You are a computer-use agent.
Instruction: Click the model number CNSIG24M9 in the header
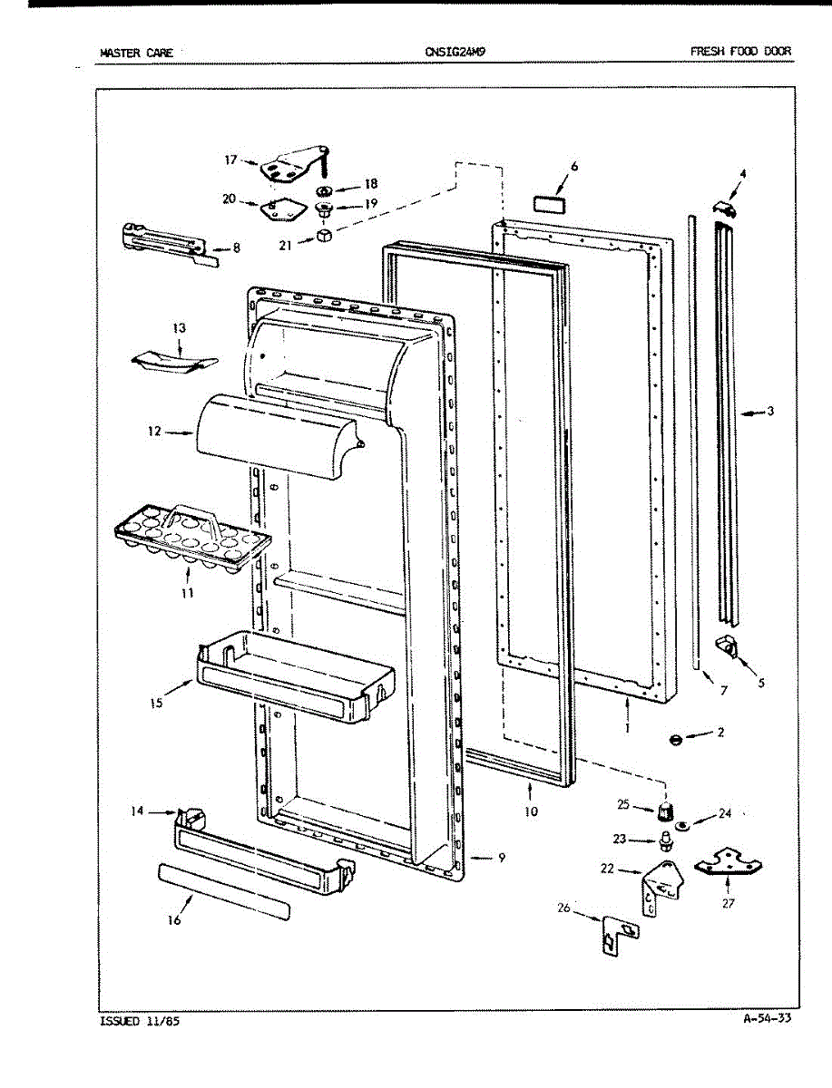point(455,52)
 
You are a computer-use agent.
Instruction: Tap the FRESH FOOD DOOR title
point(740,52)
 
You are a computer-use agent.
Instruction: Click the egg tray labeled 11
point(192,539)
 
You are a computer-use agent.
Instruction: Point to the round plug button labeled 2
point(675,740)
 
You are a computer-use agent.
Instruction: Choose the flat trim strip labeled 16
point(224,890)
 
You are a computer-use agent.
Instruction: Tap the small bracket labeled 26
point(618,933)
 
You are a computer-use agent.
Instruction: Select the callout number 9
point(501,858)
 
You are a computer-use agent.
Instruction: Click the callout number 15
point(157,703)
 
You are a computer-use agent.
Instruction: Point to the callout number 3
point(769,412)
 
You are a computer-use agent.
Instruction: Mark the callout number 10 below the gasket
point(531,811)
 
